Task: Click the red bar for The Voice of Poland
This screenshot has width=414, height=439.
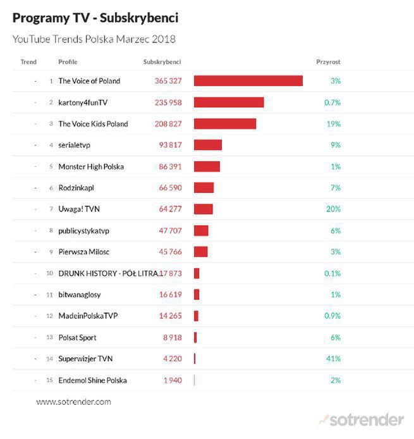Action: [248, 81]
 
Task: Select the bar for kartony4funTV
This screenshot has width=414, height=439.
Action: [228, 102]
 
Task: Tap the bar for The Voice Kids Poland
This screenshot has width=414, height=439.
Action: [224, 124]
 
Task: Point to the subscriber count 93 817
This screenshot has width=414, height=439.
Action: [167, 145]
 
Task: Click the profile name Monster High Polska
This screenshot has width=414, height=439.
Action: [91, 167]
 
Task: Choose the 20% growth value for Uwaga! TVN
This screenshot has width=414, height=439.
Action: [334, 209]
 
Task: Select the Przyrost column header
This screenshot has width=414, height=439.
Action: [328, 62]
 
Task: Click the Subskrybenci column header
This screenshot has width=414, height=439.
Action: [162, 62]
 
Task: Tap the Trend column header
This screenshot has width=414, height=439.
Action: [28, 62]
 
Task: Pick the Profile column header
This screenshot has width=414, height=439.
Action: [68, 62]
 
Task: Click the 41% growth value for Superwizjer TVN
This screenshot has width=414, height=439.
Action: [333, 359]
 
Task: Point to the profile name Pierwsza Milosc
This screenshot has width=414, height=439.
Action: [83, 252]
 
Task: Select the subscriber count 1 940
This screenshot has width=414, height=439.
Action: [172, 381]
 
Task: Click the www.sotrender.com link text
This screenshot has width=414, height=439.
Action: [73, 402]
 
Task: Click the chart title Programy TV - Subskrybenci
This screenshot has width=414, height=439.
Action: [95, 17]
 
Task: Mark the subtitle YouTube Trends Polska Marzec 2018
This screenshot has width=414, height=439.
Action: [94, 39]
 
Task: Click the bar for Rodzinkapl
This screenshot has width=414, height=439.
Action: [204, 188]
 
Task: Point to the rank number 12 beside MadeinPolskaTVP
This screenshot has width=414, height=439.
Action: [49, 316]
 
